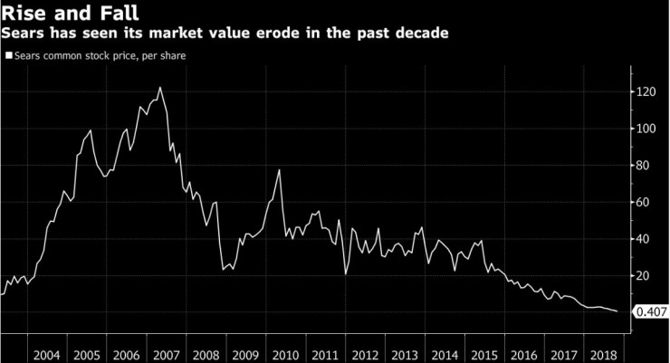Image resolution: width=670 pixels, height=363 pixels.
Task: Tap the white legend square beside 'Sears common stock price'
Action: click(x=8, y=55)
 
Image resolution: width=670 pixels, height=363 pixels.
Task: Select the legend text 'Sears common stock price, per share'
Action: click(x=100, y=55)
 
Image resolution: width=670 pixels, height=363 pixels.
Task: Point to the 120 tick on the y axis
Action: click(x=644, y=91)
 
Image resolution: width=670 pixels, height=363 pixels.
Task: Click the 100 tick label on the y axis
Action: click(x=644, y=129)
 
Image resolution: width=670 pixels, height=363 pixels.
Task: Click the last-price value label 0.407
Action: click(x=652, y=312)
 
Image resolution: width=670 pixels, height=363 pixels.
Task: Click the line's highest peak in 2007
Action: click(x=160, y=88)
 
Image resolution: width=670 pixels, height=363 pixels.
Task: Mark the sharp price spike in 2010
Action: click(x=279, y=170)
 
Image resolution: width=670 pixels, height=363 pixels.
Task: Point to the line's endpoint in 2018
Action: click(x=617, y=311)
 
